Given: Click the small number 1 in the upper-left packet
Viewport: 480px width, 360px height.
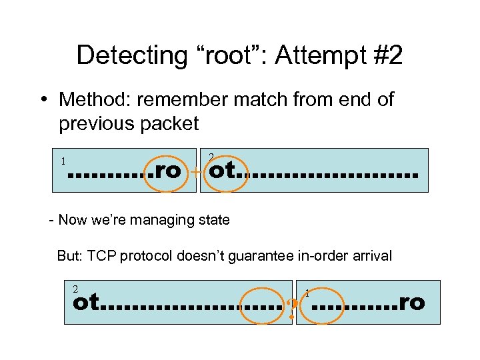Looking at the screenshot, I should click(63, 161).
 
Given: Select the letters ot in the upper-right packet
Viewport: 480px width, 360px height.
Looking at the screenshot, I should click(222, 171).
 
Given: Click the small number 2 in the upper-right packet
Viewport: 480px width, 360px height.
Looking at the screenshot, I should click(211, 157).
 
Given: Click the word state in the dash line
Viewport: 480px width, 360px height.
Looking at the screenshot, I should click(213, 219).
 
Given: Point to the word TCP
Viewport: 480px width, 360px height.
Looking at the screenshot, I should click(103, 255).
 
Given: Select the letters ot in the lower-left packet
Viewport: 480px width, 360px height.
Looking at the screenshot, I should click(86, 303).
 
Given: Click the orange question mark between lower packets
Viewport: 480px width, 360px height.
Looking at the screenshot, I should click(292, 309).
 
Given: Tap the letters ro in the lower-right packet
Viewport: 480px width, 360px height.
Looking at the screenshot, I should click(411, 303).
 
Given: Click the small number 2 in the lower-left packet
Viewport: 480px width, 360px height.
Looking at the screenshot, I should click(75, 289).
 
